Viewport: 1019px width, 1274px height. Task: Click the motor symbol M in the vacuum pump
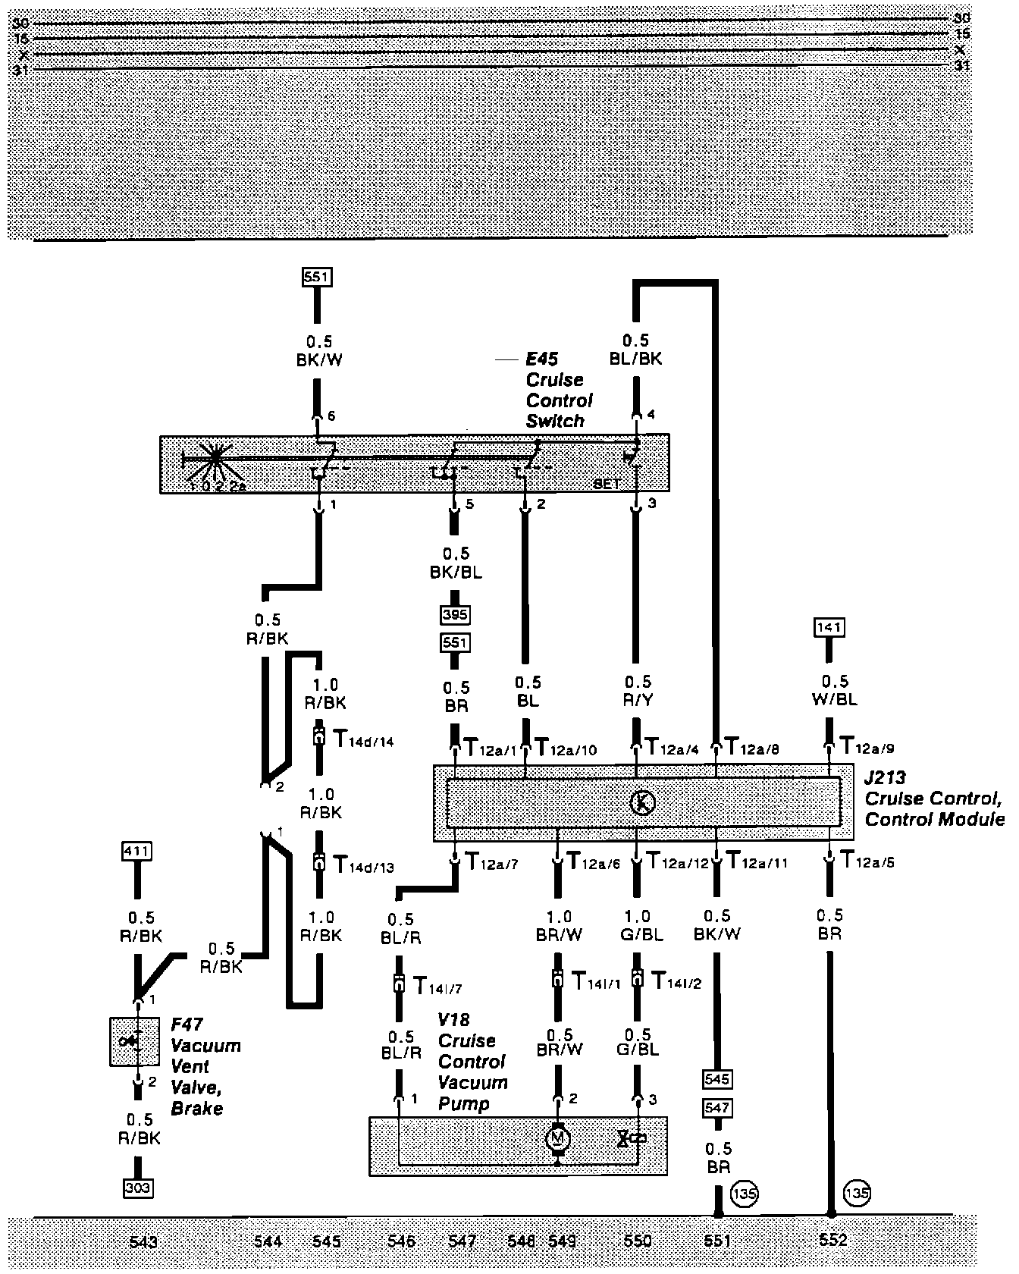point(558,1138)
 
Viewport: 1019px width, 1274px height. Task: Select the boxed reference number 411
point(137,852)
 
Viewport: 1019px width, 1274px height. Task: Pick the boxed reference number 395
point(455,614)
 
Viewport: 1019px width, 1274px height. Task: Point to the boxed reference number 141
point(829,627)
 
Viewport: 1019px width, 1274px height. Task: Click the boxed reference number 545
point(716,1078)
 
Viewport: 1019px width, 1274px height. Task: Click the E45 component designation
point(542,359)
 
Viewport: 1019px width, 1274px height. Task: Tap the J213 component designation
point(886,778)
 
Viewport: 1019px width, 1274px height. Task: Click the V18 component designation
point(453,1020)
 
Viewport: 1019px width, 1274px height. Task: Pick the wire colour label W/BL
point(835,699)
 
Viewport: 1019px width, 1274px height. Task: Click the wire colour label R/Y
point(638,700)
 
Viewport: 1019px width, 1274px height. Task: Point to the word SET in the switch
point(607,483)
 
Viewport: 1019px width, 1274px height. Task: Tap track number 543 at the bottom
point(143,1241)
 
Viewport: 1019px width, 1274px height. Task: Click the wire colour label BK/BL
point(456,572)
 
